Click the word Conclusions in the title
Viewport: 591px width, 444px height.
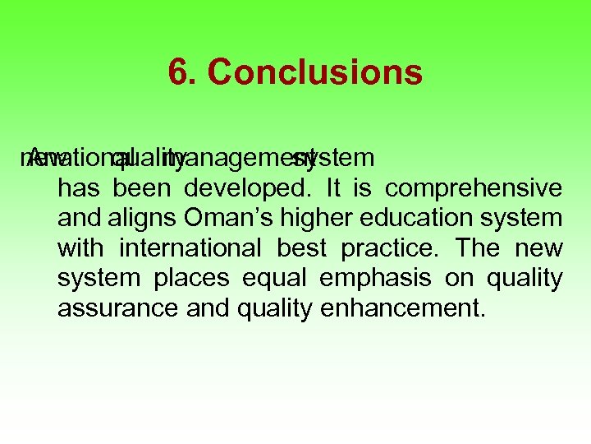[315, 72]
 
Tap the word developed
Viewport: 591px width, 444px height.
[247, 188]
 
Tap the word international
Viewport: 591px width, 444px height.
[192, 247]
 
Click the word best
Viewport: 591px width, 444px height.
[302, 247]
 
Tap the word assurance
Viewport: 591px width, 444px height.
[117, 308]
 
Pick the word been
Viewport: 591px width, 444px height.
[142, 188]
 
